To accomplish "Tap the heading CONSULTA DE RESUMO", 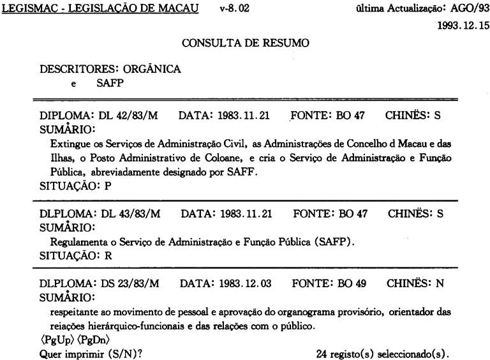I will click(x=246, y=43).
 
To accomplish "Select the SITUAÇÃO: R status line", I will click(x=71, y=255).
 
